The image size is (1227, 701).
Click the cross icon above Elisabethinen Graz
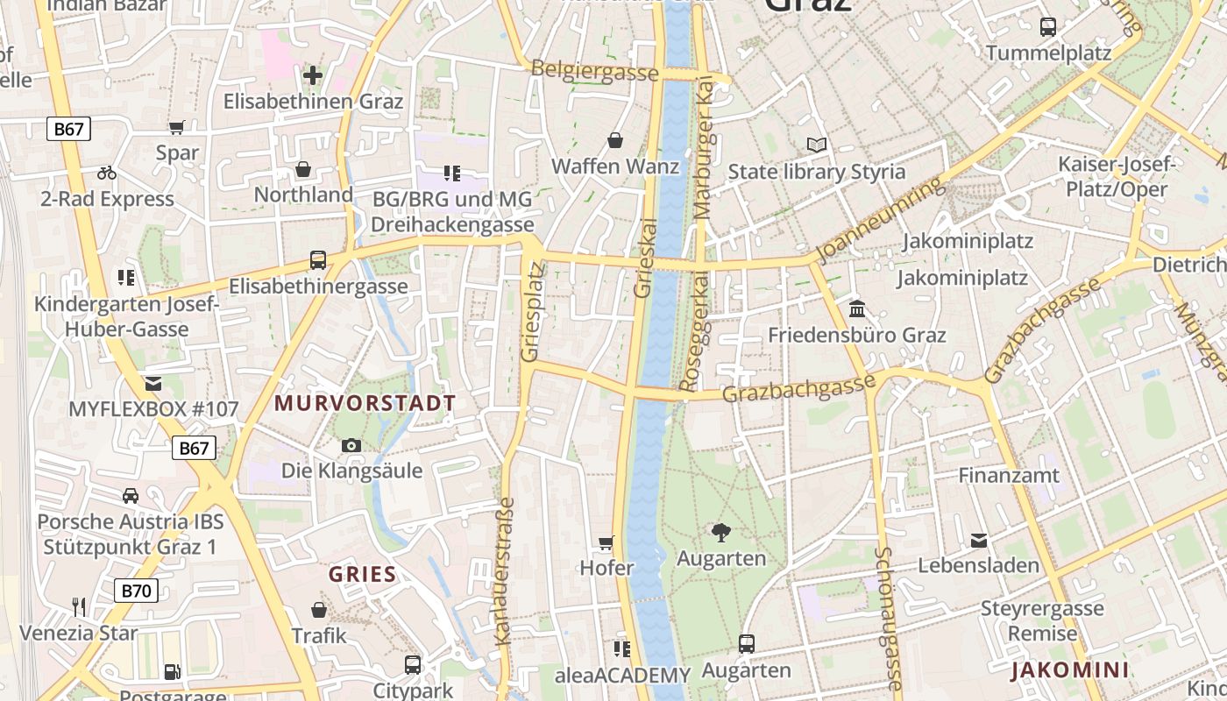coord(312,75)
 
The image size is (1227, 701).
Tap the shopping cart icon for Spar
coord(177,127)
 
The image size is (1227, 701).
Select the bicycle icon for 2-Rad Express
coord(107,173)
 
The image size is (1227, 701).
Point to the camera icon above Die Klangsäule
coord(351,445)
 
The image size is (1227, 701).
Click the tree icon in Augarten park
coord(721,532)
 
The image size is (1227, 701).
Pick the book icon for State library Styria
coord(817,145)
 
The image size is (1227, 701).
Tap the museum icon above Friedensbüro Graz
coord(857,308)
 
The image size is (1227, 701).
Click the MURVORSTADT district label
coord(365,403)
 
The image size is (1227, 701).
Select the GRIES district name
coord(362,575)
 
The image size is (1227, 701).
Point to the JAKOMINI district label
coord(1069,671)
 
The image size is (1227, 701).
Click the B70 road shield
coord(136,591)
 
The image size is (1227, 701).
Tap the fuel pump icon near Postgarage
coord(173,672)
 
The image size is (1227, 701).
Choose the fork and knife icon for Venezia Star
coord(79,606)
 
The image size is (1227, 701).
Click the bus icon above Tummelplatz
coord(1048,26)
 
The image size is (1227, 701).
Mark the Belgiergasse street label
coord(594,72)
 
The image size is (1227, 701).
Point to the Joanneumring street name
coord(882,219)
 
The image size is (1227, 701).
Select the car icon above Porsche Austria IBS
coord(131,495)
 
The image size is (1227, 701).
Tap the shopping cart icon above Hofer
coord(606,542)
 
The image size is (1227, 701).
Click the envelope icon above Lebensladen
coord(978,540)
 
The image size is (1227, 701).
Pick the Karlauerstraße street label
coord(505,571)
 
